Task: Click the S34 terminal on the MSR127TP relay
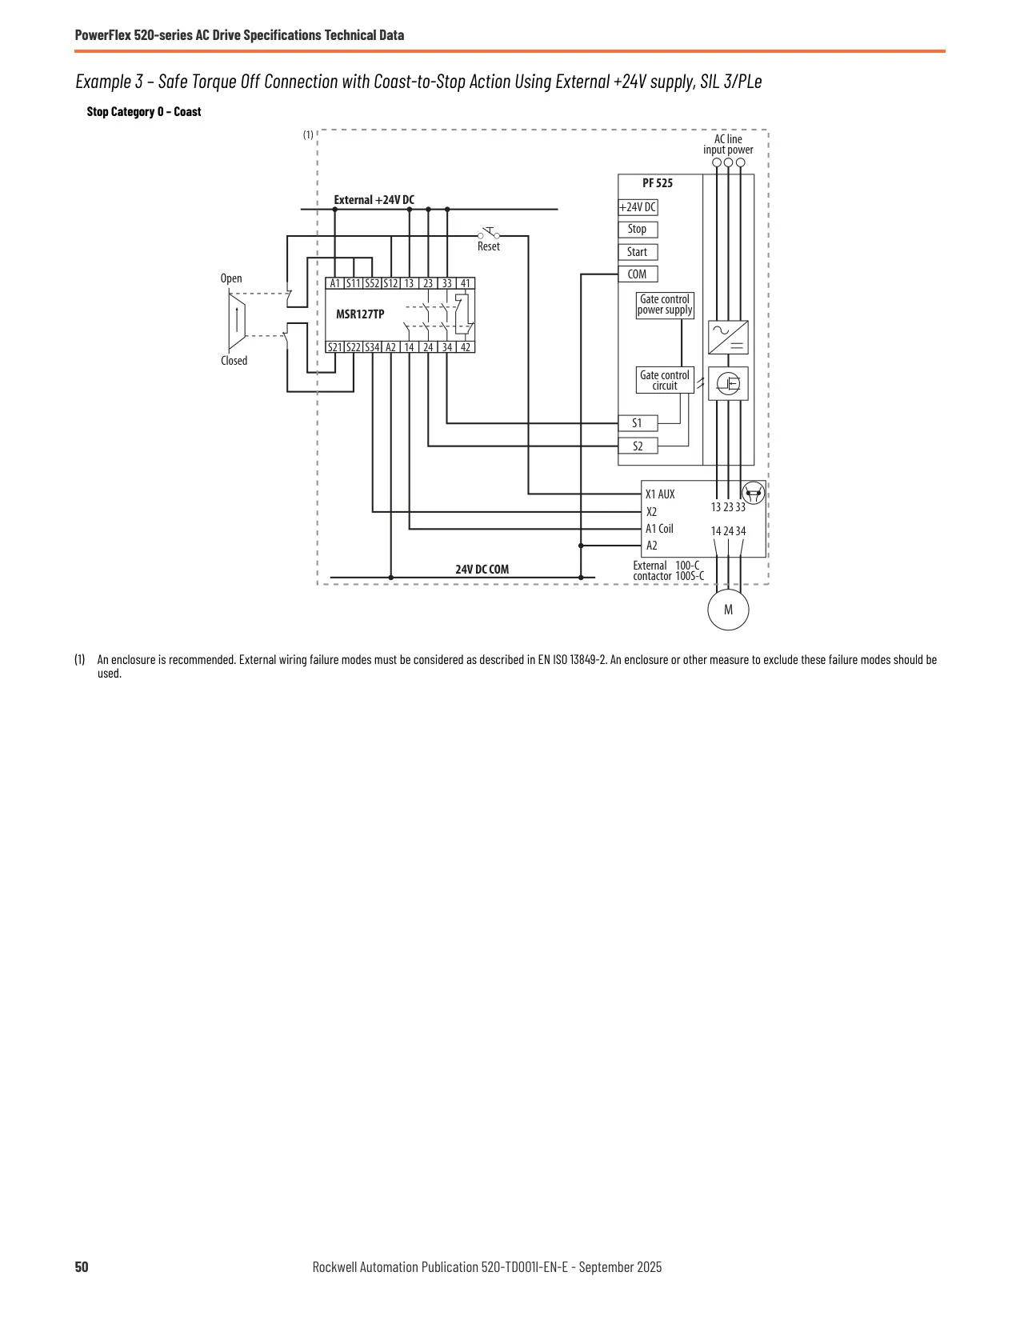372,347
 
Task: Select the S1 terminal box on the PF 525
638,422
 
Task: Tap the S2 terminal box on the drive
638,446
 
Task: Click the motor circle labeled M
728,610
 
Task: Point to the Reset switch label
489,246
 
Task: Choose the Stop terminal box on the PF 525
638,229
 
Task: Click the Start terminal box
638,251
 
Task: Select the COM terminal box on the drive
638,274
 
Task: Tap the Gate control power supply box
665,305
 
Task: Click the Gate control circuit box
665,380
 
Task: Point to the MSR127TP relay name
360,314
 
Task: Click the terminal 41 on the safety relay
466,283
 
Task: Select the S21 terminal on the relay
334,347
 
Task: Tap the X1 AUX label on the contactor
660,494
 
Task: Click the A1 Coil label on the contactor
659,529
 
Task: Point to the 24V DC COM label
482,569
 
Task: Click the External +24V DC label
374,200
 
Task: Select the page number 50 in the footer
82,1266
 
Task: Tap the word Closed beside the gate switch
234,361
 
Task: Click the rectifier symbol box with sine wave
728,338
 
